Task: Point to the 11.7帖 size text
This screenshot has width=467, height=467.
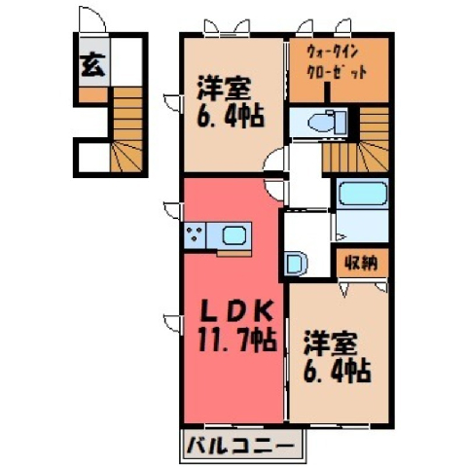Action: [x=237, y=340]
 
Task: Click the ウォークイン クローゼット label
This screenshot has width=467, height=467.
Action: [x=337, y=62]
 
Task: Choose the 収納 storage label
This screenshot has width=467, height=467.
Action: [x=361, y=263]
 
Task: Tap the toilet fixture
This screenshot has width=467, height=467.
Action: [x=327, y=124]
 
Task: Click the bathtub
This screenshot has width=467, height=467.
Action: [x=362, y=194]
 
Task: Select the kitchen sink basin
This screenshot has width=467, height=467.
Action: [x=234, y=235]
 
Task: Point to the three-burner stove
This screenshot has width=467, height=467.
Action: [x=195, y=234]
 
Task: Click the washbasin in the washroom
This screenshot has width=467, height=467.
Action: [x=296, y=264]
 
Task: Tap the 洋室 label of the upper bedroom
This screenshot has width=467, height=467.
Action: [x=224, y=89]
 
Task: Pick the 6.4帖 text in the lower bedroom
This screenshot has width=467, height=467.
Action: [x=337, y=372]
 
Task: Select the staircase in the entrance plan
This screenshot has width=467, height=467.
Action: [x=127, y=129]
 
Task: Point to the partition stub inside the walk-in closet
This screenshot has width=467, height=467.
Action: [x=328, y=92]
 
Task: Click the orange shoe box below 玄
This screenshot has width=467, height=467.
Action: [x=93, y=94]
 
